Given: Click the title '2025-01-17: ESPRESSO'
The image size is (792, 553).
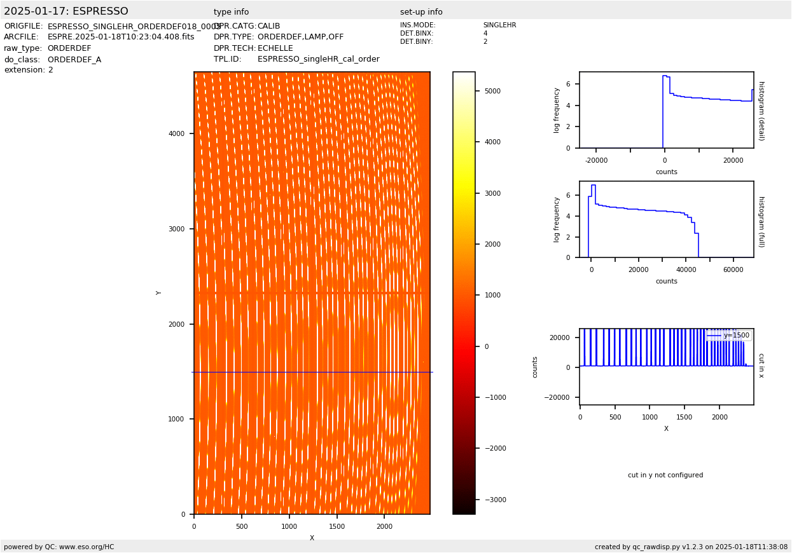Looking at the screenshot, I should tap(66, 11).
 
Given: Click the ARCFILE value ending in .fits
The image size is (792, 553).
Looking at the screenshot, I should tap(121, 37).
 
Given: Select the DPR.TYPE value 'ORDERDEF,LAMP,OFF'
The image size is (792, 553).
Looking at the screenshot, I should tap(300, 37).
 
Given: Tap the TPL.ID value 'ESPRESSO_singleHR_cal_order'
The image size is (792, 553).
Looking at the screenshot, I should tap(318, 59).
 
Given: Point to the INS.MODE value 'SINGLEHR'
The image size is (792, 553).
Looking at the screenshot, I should tap(499, 25).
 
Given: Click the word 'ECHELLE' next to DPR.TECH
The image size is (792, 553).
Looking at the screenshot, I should tap(275, 48).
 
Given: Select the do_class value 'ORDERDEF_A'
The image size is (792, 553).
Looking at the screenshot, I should tap(74, 60).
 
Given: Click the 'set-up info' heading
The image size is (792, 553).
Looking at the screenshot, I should tap(421, 12).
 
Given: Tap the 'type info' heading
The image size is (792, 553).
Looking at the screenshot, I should tap(231, 12).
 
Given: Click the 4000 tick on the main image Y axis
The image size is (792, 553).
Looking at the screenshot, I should tap(177, 133).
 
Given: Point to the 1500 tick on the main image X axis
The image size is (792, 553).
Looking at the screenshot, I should tap(337, 526).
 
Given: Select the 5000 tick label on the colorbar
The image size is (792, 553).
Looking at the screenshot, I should tap(492, 91).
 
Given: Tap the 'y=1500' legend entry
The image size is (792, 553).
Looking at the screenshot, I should tap(736, 335).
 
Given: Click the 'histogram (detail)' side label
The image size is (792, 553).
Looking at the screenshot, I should tap(761, 111).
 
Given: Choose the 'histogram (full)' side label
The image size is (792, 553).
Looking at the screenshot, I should tap(761, 221).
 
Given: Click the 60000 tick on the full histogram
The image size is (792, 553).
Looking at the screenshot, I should tap(733, 270).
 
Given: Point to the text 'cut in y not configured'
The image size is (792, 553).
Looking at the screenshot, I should tap(665, 475).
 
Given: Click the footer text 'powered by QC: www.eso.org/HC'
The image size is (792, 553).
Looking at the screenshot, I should tap(59, 547).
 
